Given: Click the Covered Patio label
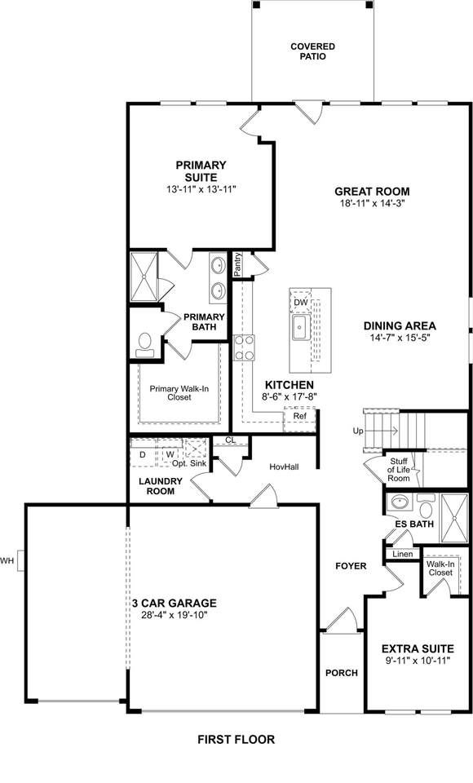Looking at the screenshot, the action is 312,51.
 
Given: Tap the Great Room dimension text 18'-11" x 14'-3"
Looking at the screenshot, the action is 372,203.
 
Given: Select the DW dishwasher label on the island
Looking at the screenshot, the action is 301,303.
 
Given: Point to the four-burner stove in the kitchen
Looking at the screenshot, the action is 244,347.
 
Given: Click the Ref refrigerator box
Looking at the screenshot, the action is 299,416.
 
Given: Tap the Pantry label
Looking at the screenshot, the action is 238,263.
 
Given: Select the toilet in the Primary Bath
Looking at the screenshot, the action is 145,345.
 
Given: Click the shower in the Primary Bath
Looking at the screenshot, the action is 144,276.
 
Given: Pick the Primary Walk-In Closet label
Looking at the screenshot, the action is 179,393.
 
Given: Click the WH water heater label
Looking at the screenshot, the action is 7,561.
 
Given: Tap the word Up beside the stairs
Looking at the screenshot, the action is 358,431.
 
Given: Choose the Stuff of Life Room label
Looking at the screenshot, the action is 399,470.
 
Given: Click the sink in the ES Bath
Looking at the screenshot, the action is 400,502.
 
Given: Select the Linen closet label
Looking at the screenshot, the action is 403,555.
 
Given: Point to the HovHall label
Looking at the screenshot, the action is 284,467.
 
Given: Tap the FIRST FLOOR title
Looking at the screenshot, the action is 236,739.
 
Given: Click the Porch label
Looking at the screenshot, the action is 342,673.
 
